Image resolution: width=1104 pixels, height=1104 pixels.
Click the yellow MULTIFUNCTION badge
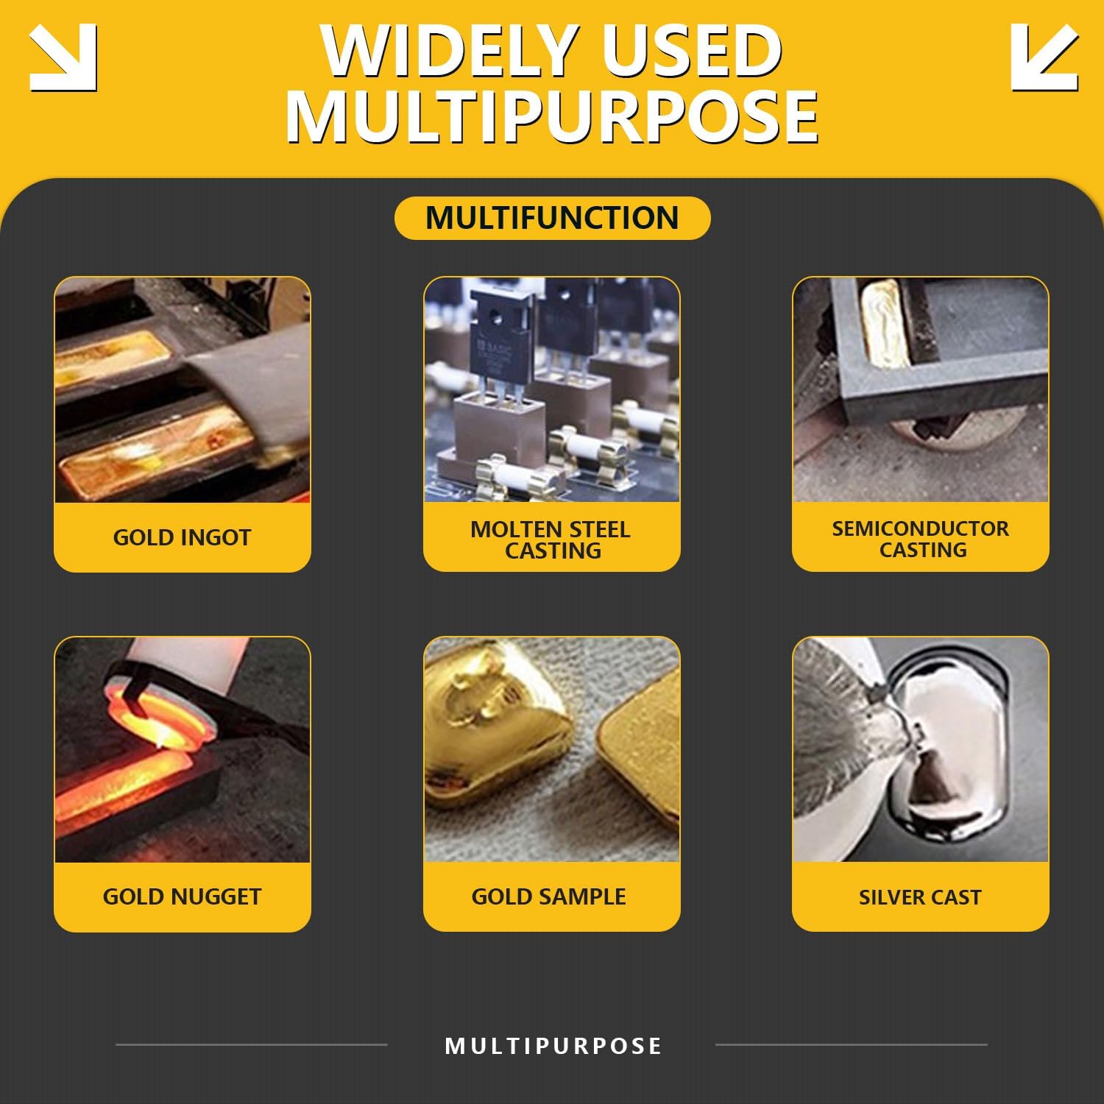552,218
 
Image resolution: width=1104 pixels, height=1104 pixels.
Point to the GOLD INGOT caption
183,537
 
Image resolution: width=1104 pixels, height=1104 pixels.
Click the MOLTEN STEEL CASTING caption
551,539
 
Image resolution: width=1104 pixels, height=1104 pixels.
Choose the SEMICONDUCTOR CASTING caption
921,539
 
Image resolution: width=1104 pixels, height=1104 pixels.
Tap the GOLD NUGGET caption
183,896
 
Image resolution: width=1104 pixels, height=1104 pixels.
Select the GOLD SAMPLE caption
549,896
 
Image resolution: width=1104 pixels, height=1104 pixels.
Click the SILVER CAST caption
920,897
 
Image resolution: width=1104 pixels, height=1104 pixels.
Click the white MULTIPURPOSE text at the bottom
553,1046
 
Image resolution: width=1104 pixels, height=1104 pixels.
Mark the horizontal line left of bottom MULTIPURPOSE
252,1044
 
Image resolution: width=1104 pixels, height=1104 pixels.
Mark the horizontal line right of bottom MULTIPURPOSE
852,1044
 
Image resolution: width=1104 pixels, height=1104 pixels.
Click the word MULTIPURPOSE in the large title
552,116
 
